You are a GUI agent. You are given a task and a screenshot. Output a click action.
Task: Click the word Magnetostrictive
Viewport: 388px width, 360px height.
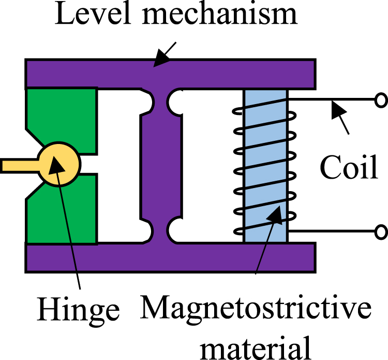point(256,309)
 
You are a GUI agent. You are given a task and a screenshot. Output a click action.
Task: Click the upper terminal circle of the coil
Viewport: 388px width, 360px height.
point(381,100)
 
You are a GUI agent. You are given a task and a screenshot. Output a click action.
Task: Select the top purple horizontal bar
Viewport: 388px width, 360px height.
point(171,73)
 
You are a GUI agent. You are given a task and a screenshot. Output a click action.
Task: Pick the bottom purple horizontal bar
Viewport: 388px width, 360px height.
point(171,258)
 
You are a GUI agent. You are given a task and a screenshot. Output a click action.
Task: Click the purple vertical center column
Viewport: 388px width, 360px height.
point(161,166)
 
